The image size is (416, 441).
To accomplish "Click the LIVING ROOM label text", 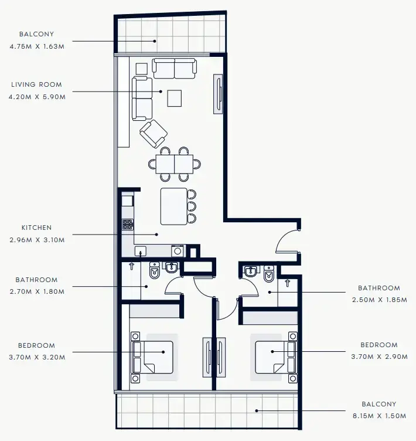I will pos(36,84).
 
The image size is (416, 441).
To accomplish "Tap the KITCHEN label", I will pos(36,228).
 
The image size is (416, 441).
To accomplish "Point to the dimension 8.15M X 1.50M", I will pos(379,416).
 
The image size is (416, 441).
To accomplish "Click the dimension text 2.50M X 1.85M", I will pos(379,300).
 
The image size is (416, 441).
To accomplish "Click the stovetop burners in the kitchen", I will pos(127,224).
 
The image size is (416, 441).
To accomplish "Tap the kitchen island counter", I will pos(173,206).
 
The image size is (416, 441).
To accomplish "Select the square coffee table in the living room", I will pos(175,98).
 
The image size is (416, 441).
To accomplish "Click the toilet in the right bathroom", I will pos(270,274).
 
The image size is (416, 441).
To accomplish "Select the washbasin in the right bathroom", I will pos(251,272).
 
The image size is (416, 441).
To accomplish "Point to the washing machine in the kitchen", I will pos(177,251).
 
